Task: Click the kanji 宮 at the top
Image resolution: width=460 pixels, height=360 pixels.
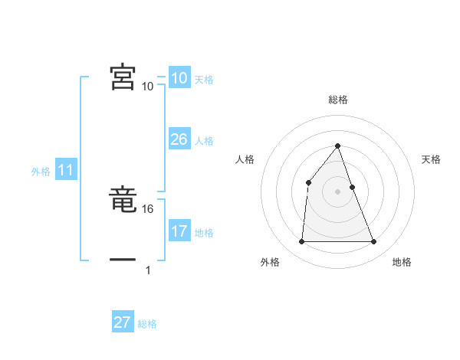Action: click(x=123, y=77)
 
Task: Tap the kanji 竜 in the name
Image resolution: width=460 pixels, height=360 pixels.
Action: click(x=123, y=201)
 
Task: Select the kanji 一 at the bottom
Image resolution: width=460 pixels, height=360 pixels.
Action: click(x=123, y=260)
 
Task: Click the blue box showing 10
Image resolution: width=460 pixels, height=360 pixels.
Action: click(x=179, y=79)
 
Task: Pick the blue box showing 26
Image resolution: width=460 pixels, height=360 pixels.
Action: click(x=179, y=139)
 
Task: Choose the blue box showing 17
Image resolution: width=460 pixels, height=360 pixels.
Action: click(x=179, y=231)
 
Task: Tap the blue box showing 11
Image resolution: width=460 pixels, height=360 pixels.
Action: click(x=65, y=171)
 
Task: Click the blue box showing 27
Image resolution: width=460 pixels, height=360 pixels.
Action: click(x=122, y=322)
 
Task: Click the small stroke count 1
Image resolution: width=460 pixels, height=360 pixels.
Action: click(x=148, y=270)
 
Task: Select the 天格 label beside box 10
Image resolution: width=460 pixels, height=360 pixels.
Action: click(x=204, y=80)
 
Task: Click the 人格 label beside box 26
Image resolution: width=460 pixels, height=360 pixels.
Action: click(x=204, y=141)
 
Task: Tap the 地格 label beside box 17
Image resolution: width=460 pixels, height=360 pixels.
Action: click(x=204, y=233)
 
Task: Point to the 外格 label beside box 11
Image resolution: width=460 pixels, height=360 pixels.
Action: click(x=41, y=172)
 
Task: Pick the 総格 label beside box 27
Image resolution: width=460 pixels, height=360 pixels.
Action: click(x=147, y=324)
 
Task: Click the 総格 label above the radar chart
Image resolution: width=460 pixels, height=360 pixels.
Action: click(x=337, y=100)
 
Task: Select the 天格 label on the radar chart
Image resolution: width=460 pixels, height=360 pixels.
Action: click(x=432, y=159)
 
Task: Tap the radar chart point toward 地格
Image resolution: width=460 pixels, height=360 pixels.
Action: click(x=373, y=242)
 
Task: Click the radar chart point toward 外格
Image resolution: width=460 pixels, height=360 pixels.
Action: click(x=301, y=242)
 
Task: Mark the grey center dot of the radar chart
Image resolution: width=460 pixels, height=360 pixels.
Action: click(x=337, y=191)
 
